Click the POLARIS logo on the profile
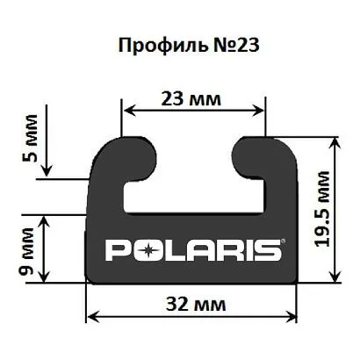point(193,250)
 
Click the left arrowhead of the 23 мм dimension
point(126,109)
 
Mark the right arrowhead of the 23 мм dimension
point(261,109)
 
